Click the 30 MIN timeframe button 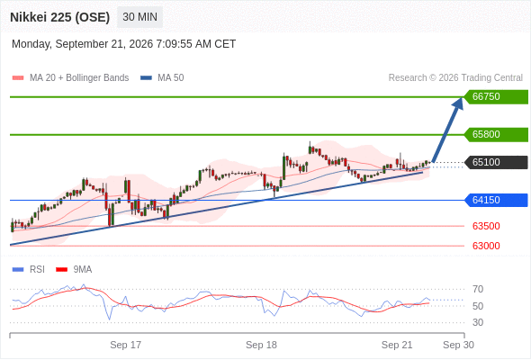[139, 17]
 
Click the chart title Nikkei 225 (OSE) [60, 17]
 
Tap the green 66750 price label [496, 96]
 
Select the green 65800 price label [496, 134]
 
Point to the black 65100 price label [496, 162]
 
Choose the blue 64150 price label [496, 200]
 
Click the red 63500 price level [486, 226]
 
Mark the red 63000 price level [486, 246]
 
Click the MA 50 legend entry [162, 78]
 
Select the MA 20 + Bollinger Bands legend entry [70, 78]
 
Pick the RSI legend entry [29, 270]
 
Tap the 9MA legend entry [74, 270]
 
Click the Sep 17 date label [126, 345]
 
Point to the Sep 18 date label [261, 345]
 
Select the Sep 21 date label [397, 345]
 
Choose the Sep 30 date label [458, 345]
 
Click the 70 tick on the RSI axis [478, 289]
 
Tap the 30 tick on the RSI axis [478, 322]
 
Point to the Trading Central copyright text [455, 78]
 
